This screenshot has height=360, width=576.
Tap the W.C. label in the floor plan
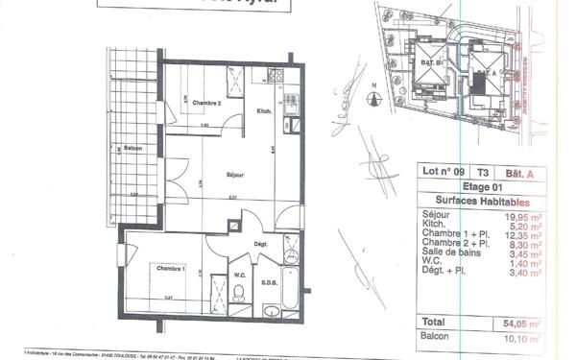(x=241, y=278)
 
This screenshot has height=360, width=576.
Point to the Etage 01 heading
(x=475, y=187)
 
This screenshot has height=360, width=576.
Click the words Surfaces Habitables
(x=476, y=201)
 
